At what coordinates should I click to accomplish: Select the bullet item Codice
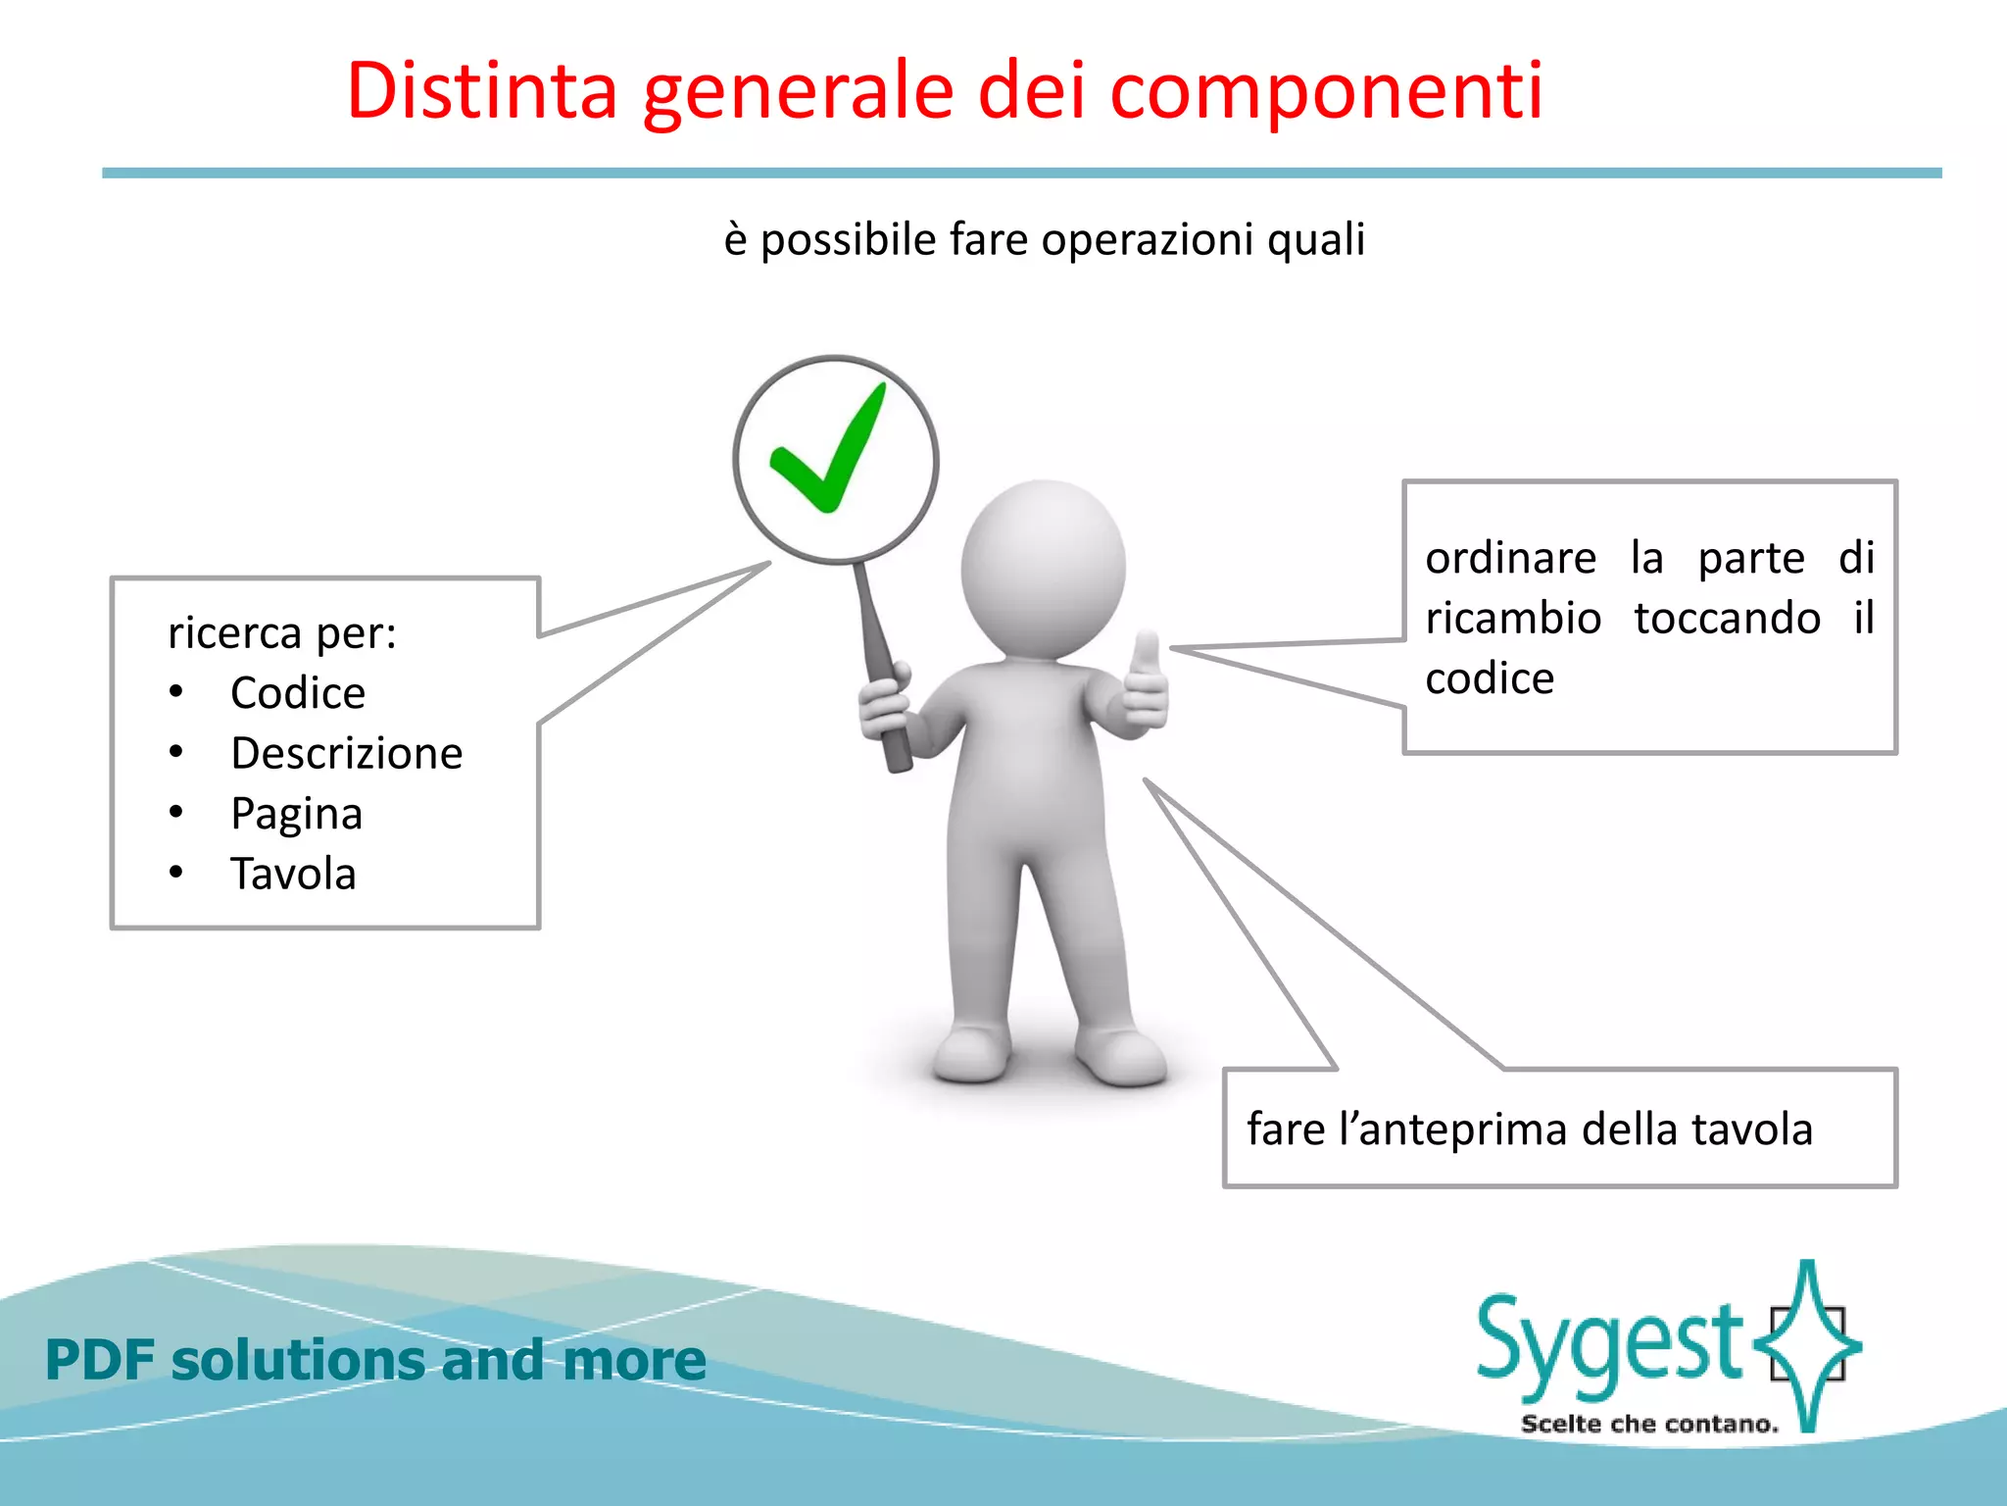coord(298,693)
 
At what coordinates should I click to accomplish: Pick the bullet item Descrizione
coord(347,753)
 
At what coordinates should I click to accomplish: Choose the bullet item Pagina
coord(297,814)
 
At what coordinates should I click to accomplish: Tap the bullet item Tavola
coord(293,874)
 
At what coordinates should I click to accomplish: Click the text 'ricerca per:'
coord(282,632)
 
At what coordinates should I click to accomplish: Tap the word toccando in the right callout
coord(1727,619)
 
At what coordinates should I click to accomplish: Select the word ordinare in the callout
coord(1510,559)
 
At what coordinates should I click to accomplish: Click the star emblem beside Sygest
coord(1808,1343)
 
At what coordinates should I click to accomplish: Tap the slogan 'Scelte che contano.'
coord(1649,1424)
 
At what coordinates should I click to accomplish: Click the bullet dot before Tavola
coord(176,872)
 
